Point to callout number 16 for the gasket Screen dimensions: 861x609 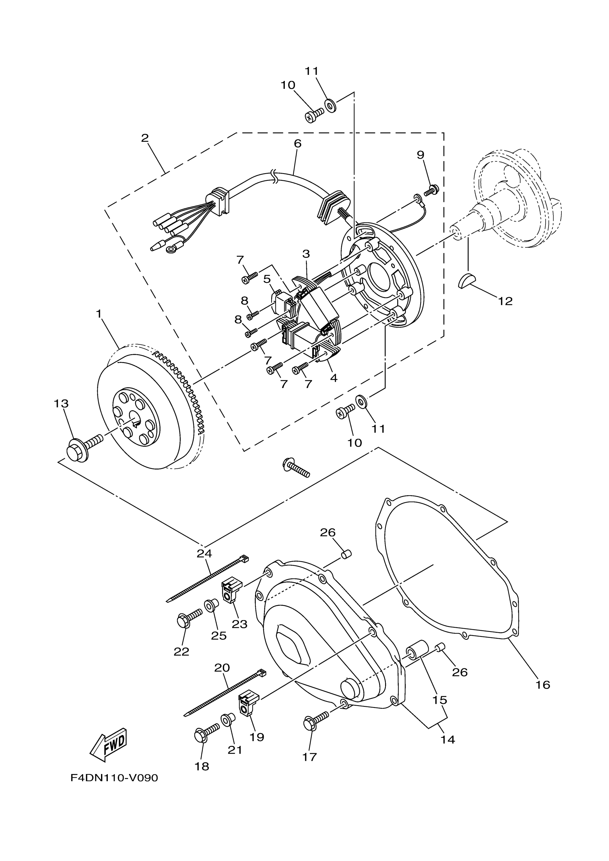coord(543,685)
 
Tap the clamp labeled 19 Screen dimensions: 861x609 coord(248,703)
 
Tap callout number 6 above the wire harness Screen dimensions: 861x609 coord(297,143)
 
